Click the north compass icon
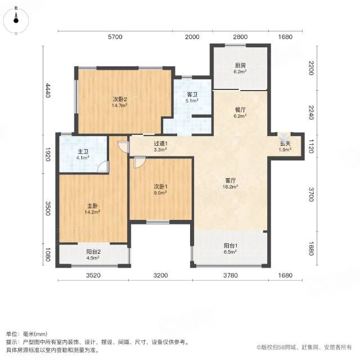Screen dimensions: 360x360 click(16, 20)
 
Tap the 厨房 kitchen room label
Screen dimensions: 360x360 click(240, 66)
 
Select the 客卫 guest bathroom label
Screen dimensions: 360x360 click(192, 94)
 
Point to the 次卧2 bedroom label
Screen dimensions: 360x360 click(120, 100)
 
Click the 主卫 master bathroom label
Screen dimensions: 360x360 click(83, 152)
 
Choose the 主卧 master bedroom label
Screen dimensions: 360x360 click(92, 206)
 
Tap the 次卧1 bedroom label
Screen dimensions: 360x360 click(160, 187)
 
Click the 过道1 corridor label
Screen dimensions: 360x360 click(160, 144)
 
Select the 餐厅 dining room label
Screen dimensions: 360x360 click(240, 110)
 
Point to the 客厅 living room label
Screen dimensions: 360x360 click(230, 181)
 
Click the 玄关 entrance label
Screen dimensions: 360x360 click(285, 144)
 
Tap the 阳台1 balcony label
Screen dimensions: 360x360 click(231, 246)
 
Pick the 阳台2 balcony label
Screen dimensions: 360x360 click(93, 252)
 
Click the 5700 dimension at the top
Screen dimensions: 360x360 click(115, 37)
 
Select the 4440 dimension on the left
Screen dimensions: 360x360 click(47, 90)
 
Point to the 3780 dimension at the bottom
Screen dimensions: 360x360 click(231, 275)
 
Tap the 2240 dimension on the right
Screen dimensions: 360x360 click(311, 112)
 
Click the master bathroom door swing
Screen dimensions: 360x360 click(103, 166)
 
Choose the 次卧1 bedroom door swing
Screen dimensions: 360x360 click(139, 162)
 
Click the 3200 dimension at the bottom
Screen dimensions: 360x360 click(160, 275)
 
